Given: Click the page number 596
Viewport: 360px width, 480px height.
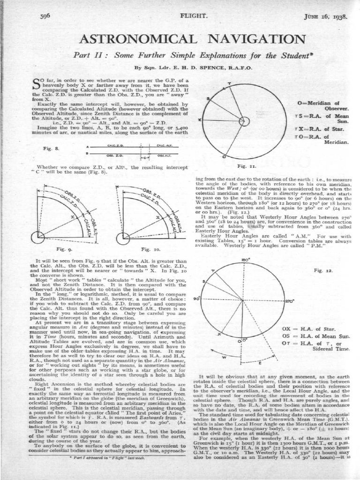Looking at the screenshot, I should [45, 16].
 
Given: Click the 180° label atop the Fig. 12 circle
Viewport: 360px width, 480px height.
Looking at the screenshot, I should [244, 259].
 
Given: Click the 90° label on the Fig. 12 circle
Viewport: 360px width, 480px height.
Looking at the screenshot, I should [196, 299].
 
